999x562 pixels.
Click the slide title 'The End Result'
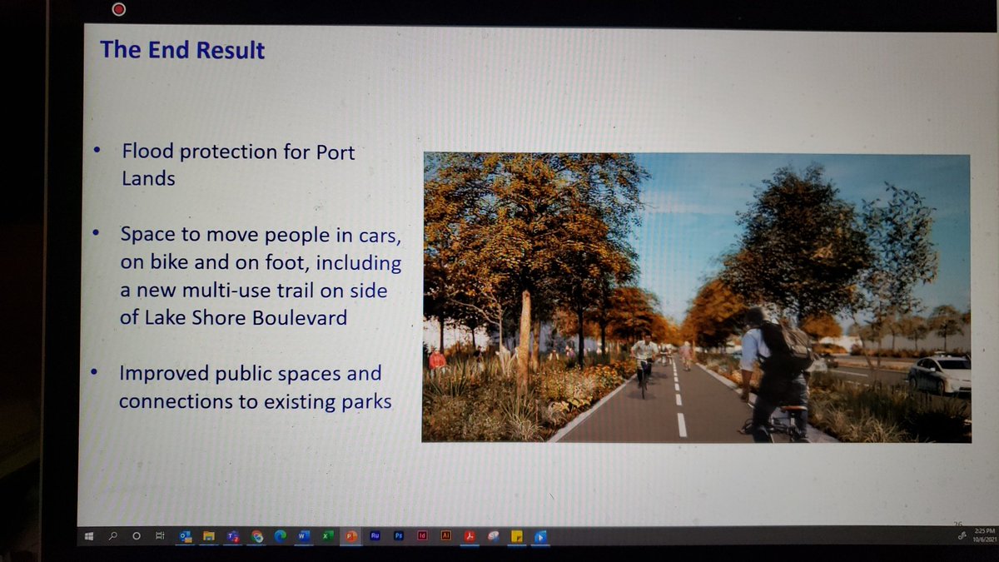182,50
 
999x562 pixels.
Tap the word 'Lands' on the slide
148,178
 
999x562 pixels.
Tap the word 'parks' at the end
365,402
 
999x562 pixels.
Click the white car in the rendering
939,374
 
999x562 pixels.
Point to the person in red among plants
437,360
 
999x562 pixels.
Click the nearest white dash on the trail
682,425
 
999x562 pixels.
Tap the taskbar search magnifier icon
112,537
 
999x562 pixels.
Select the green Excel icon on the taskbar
327,537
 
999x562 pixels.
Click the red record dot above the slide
119,10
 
